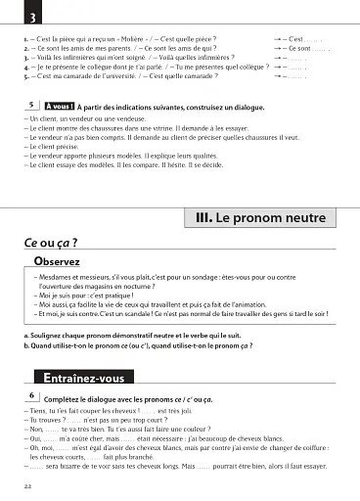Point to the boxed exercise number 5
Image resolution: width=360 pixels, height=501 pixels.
coord(33,105)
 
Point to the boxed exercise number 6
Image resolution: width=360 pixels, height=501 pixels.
coord(33,396)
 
